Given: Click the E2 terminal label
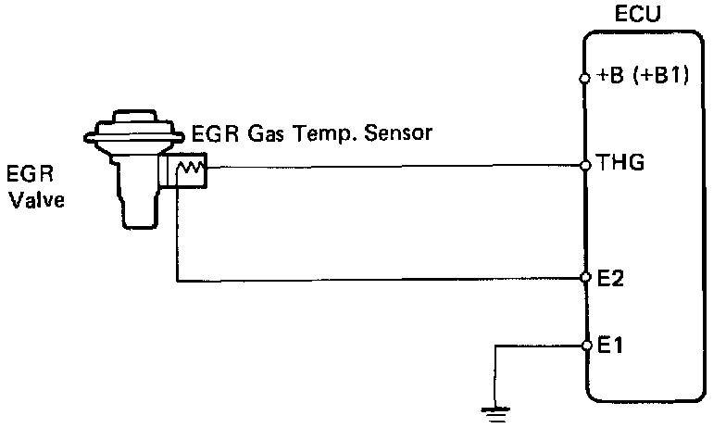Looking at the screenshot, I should (x=609, y=276).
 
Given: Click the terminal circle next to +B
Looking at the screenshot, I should (x=585, y=79).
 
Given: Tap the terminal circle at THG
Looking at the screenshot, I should (x=585, y=166).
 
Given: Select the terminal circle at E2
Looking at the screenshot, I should (x=585, y=277).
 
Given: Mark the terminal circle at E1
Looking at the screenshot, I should (x=585, y=346).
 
